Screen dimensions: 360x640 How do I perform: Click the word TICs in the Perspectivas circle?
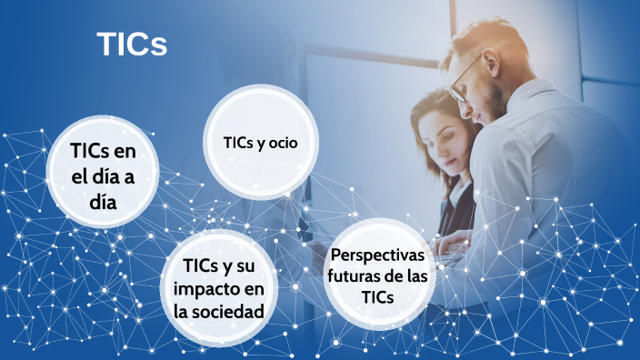click(376, 296)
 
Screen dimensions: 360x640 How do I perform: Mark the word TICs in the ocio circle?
click(238, 143)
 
